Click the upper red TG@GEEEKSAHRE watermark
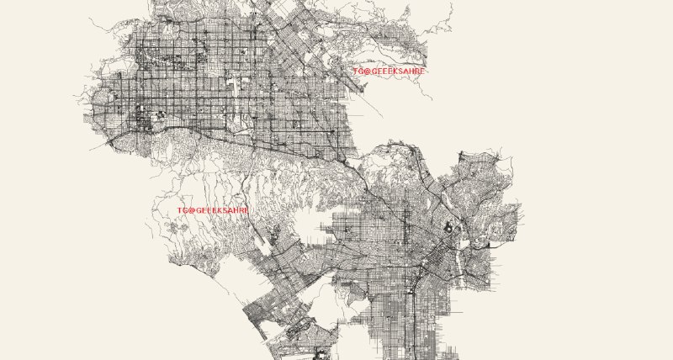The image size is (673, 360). point(389,71)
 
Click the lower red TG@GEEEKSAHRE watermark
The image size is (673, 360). point(213,209)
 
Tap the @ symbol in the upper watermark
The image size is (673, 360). point(368,71)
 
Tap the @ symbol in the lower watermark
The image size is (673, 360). point(191,209)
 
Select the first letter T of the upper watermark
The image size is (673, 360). point(356,71)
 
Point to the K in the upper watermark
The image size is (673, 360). point(394,71)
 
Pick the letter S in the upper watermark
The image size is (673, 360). point(400,71)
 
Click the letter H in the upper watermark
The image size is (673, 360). point(411,71)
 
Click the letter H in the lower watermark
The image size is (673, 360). point(235,209)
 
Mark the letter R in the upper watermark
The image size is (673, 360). point(417,71)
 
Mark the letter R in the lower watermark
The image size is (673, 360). point(241,209)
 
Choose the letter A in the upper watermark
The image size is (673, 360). point(405,71)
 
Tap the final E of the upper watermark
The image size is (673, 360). point(423,71)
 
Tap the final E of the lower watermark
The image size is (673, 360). point(246,209)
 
